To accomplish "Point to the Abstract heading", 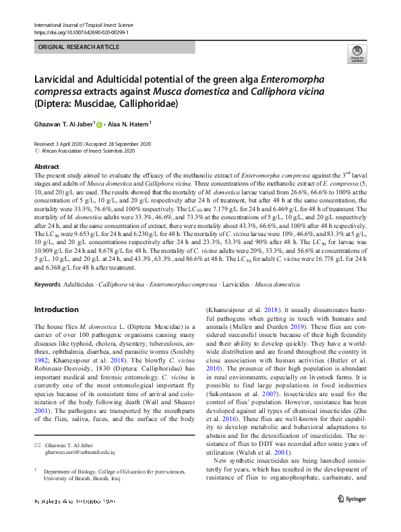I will coord(47,165).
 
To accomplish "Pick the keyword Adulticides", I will coord(80,286).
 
